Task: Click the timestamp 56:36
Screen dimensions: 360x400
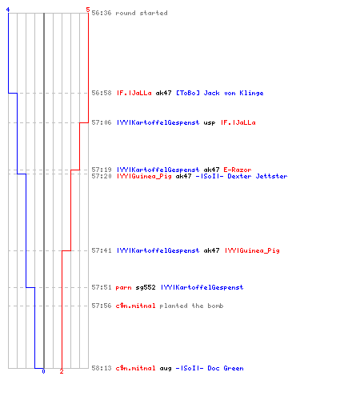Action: tap(102, 13)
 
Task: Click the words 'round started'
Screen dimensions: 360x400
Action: tap(142, 13)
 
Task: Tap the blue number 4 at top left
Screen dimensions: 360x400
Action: tap(8, 10)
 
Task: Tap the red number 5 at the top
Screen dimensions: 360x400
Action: tap(88, 10)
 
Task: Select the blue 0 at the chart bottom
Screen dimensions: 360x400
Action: tap(43, 371)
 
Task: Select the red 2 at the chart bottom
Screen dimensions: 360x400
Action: tap(62, 371)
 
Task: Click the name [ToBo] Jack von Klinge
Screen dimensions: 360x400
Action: tap(220, 93)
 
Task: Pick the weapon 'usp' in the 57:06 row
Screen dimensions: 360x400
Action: tap(210, 123)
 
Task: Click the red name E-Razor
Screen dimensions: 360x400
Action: tap(238, 170)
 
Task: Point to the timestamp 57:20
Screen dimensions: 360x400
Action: tap(102, 176)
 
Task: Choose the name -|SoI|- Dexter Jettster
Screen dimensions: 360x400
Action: tap(242, 176)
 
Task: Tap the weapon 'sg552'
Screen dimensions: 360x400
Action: tap(146, 287)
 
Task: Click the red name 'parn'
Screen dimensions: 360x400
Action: tap(123, 288)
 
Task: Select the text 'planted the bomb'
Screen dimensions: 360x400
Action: tap(191, 306)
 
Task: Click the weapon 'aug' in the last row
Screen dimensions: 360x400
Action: tap(166, 369)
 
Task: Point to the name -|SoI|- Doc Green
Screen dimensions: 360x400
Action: tap(210, 368)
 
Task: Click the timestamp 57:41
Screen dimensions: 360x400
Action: tap(102, 250)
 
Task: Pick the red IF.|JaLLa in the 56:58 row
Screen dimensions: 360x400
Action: tap(134, 93)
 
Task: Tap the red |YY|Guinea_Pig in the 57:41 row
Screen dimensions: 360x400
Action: tap(252, 250)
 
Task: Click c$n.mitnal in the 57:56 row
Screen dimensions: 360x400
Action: tap(135, 306)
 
